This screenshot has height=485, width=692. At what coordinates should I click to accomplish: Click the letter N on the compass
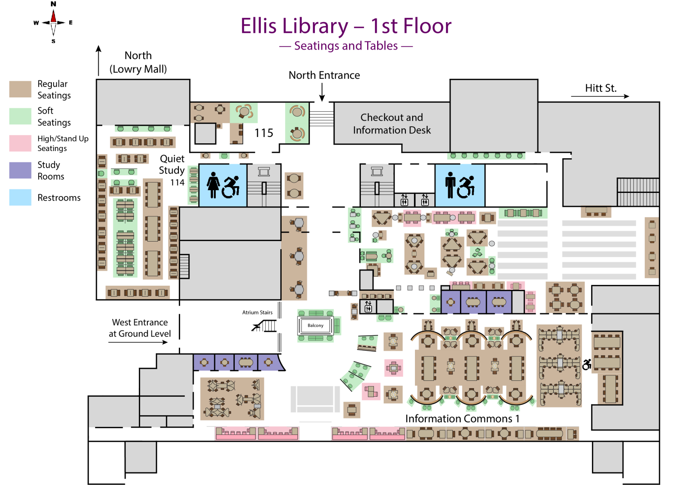(54, 4)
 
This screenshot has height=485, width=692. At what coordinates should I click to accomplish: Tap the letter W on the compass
(36, 23)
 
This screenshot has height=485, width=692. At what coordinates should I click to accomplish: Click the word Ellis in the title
(259, 26)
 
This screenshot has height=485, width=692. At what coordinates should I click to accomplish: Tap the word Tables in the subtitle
(382, 46)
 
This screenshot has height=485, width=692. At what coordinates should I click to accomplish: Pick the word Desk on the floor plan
(419, 130)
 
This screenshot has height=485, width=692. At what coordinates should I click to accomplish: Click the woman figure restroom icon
(213, 185)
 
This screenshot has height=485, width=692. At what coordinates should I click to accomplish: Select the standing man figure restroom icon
(450, 185)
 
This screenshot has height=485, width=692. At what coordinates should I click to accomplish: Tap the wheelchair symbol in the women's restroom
(231, 187)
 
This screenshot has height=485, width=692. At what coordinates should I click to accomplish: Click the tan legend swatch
(20, 89)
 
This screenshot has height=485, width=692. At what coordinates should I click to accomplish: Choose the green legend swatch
(20, 116)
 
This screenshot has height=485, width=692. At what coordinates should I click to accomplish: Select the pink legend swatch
(20, 143)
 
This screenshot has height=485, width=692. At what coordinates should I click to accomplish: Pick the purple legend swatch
(20, 170)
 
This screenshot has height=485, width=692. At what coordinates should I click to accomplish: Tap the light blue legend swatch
(20, 197)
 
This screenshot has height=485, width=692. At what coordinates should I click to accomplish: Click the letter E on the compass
(71, 23)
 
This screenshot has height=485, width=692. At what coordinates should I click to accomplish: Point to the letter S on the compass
(54, 41)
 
